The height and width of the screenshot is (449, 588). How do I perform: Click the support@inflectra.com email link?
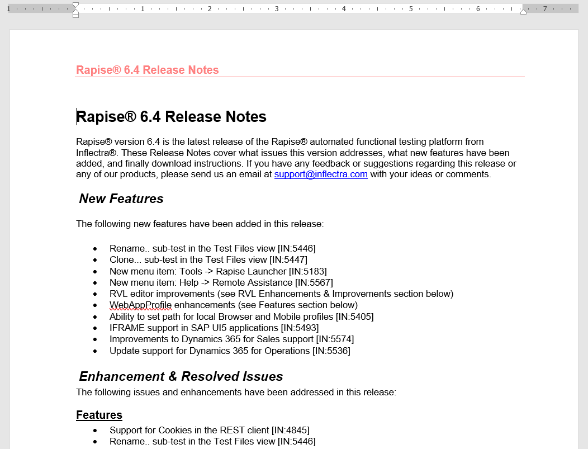click(321, 174)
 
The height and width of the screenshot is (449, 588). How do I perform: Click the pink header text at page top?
click(148, 70)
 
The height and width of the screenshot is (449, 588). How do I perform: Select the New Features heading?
click(121, 198)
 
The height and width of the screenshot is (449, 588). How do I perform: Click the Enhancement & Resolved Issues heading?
click(181, 376)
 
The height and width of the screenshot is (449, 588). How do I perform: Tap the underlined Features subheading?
click(99, 415)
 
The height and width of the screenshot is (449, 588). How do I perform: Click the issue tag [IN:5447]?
click(288, 259)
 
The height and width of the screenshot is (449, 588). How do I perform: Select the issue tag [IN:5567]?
click(314, 282)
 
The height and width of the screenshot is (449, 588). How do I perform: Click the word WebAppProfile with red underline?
click(141, 305)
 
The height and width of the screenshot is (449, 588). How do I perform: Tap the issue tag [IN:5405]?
click(354, 316)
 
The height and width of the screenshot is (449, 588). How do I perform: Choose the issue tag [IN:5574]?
click(335, 339)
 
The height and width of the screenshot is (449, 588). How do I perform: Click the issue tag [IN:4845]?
click(291, 430)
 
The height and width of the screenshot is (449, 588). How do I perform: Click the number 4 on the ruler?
click(344, 9)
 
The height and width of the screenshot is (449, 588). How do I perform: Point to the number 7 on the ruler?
click(545, 9)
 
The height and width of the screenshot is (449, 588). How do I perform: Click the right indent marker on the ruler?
click(523, 11)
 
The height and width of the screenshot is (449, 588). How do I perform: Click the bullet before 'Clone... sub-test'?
click(95, 260)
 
